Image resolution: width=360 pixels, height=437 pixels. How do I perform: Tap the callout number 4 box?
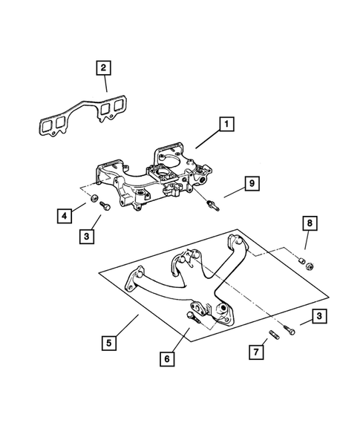(x=66, y=217)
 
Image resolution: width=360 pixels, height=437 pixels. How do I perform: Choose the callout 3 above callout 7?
(x=318, y=317)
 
